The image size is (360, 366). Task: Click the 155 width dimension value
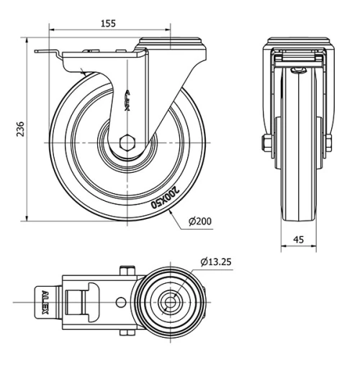click(x=107, y=23)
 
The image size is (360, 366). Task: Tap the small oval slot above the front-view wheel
click(x=298, y=69)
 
